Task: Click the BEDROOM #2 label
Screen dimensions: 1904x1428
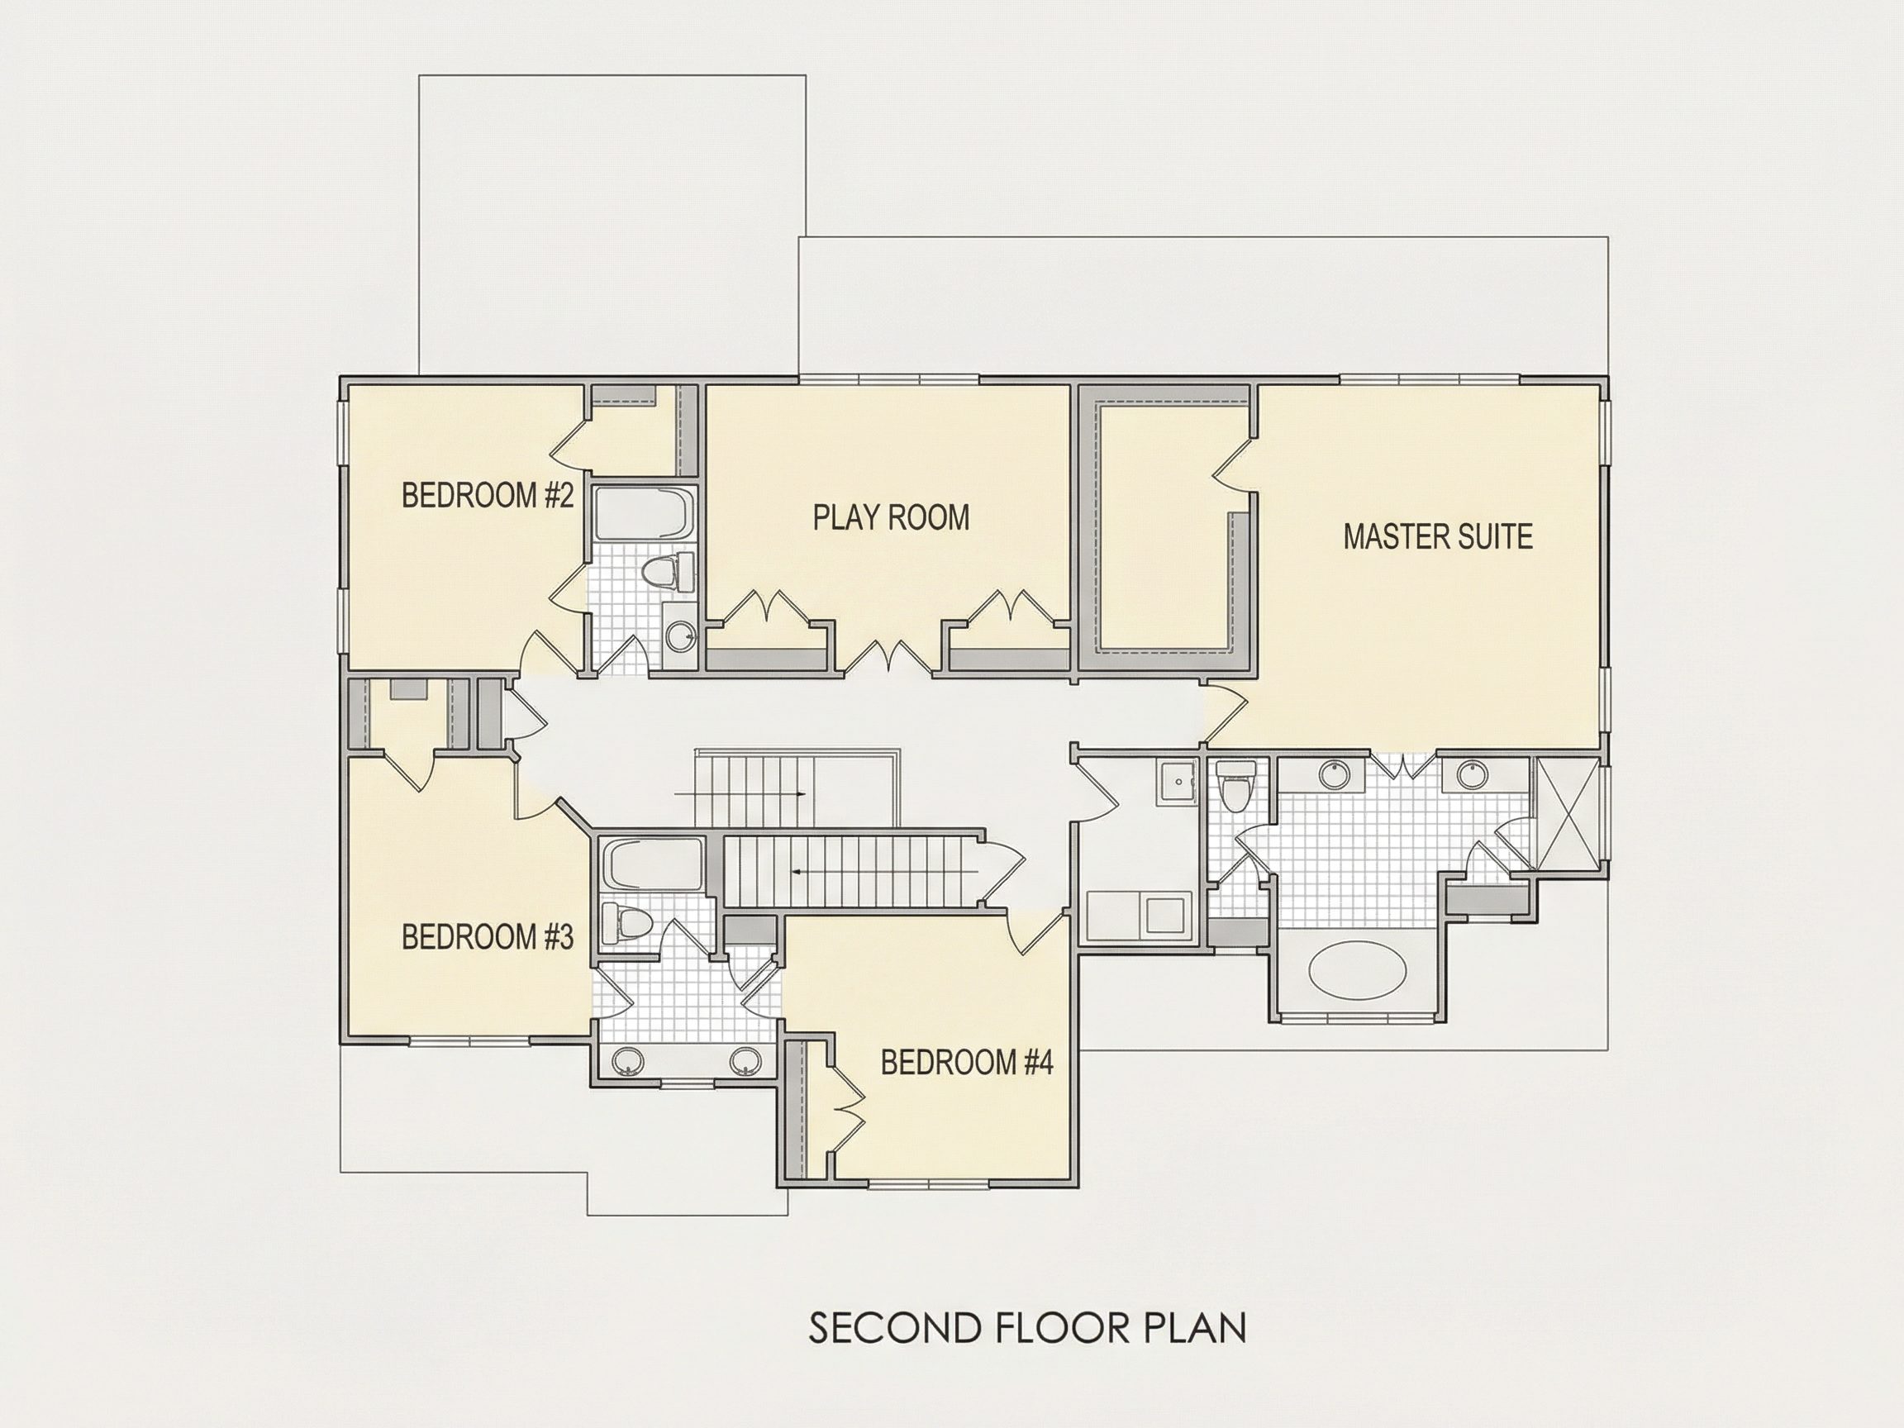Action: click(x=488, y=496)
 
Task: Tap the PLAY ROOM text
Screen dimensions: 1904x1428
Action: click(x=892, y=517)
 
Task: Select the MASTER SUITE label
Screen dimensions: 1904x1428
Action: click(x=1438, y=536)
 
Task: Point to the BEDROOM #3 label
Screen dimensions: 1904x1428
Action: click(x=488, y=936)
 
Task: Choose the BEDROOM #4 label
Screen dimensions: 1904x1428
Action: click(x=967, y=1063)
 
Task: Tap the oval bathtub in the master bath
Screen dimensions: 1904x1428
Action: click(x=1358, y=970)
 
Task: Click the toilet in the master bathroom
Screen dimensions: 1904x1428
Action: click(x=1236, y=787)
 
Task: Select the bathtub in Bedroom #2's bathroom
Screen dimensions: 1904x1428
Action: click(x=643, y=515)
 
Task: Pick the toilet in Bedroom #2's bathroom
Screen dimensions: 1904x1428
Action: click(x=669, y=572)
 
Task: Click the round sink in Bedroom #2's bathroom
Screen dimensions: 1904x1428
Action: click(x=683, y=637)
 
